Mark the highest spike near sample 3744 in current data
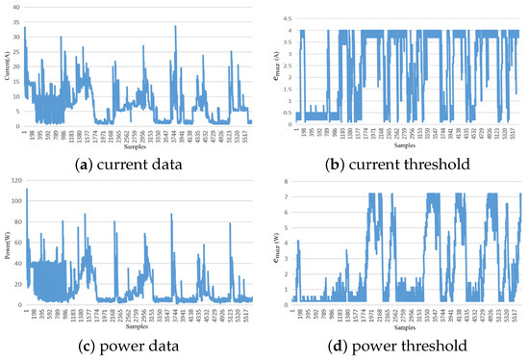175,27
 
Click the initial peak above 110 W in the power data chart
26,190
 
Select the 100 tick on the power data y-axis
16,201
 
